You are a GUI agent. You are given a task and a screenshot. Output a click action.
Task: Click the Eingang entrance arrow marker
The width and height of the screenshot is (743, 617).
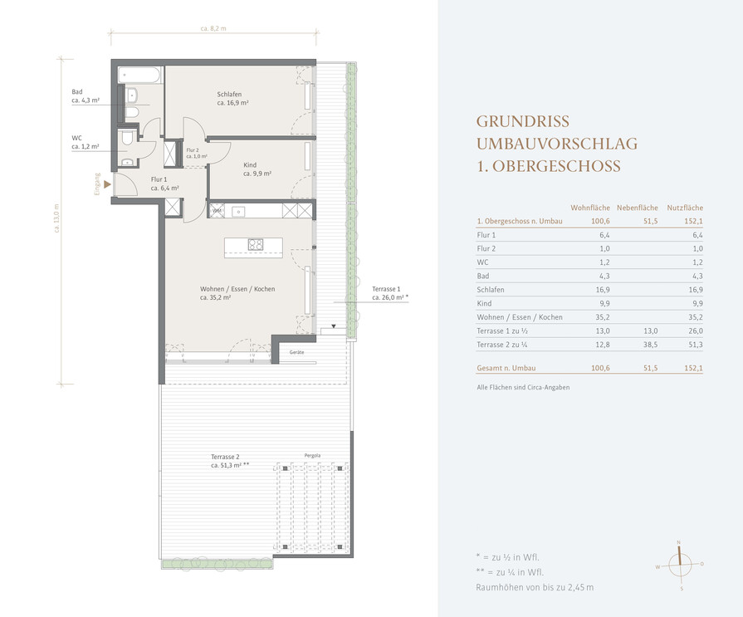pyautogui.click(x=107, y=184)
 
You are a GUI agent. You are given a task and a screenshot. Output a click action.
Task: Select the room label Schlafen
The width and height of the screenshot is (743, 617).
pyautogui.click(x=229, y=95)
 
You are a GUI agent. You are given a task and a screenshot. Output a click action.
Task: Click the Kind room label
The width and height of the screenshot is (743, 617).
pyautogui.click(x=250, y=165)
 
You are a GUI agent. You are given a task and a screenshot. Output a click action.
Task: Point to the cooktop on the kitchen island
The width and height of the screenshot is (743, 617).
pyautogui.click(x=256, y=244)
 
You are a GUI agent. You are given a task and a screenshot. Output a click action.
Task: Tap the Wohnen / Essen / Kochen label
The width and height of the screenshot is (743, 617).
pyautogui.click(x=237, y=289)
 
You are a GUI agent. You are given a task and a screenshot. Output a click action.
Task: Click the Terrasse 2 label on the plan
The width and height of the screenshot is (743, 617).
pyautogui.click(x=225, y=457)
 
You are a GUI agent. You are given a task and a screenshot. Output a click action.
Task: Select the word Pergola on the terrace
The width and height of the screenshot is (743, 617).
pyautogui.click(x=312, y=455)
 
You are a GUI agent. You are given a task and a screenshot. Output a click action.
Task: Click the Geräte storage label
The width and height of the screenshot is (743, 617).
pyautogui.click(x=296, y=352)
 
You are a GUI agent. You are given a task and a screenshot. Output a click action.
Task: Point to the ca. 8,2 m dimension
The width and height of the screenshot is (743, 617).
pyautogui.click(x=213, y=28)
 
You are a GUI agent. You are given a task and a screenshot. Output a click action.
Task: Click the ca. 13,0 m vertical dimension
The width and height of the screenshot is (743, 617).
pyautogui.click(x=56, y=218)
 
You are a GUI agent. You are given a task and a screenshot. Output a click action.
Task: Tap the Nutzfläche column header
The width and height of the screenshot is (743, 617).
pyautogui.click(x=685, y=208)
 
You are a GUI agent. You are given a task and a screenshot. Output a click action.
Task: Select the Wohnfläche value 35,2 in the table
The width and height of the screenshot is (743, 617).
pyautogui.click(x=603, y=317)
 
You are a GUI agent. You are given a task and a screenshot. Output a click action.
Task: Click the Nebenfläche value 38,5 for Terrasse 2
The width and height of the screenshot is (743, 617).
pyautogui.click(x=650, y=345)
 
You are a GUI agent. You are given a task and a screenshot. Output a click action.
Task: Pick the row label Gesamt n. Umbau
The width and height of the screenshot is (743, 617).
pyautogui.click(x=506, y=368)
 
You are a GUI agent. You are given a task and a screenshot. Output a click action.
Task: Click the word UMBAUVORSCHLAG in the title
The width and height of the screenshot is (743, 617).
pyautogui.click(x=557, y=144)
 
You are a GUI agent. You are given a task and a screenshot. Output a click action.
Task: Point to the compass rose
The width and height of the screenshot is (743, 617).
pyautogui.click(x=680, y=565)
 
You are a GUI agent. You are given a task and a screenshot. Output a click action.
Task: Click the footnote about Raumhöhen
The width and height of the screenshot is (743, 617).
pyautogui.click(x=535, y=587)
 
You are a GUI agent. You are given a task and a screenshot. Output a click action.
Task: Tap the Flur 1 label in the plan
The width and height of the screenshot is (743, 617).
pyautogui.click(x=159, y=179)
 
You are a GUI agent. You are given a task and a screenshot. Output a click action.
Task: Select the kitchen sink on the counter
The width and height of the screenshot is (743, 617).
pyautogui.click(x=238, y=212)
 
